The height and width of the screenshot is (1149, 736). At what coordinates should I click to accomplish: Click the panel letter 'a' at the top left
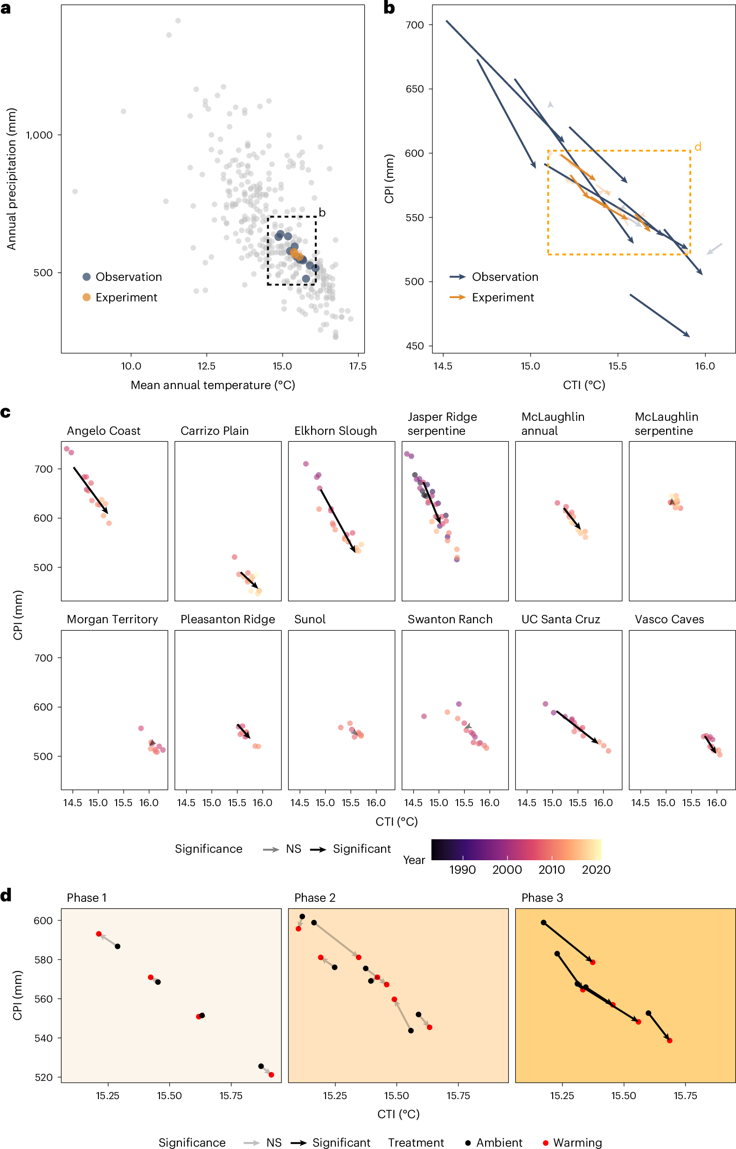click(x=6, y=8)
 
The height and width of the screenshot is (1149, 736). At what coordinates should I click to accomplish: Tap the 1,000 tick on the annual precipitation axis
click(x=39, y=135)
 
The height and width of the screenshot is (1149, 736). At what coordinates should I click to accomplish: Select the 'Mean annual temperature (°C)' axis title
click(x=213, y=385)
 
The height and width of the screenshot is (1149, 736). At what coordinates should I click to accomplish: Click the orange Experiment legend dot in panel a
click(x=86, y=297)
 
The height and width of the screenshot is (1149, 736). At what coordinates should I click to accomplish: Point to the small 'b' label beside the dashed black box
click(x=322, y=213)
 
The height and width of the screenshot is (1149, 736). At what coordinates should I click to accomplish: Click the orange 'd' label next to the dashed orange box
click(x=698, y=147)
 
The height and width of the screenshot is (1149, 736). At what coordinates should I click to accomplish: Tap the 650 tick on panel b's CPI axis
click(x=414, y=89)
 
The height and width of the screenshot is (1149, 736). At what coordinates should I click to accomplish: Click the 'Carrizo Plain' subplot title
click(x=215, y=431)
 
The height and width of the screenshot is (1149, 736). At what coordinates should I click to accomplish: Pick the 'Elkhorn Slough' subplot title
click(x=335, y=431)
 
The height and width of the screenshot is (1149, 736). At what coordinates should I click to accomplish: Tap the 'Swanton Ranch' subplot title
click(x=450, y=620)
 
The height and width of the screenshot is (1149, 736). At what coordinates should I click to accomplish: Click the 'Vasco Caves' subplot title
click(x=669, y=620)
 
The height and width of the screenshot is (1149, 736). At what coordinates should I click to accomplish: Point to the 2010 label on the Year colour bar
click(x=551, y=870)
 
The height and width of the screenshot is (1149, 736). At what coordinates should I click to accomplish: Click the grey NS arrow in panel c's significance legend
click(x=271, y=850)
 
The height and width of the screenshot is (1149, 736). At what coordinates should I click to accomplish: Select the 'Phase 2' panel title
click(x=315, y=898)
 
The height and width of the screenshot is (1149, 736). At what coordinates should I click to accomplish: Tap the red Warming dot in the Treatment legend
click(x=545, y=1143)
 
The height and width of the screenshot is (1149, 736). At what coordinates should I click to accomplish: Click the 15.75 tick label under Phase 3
click(x=685, y=1095)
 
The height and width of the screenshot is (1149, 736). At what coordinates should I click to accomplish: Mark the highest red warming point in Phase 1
click(x=99, y=934)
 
